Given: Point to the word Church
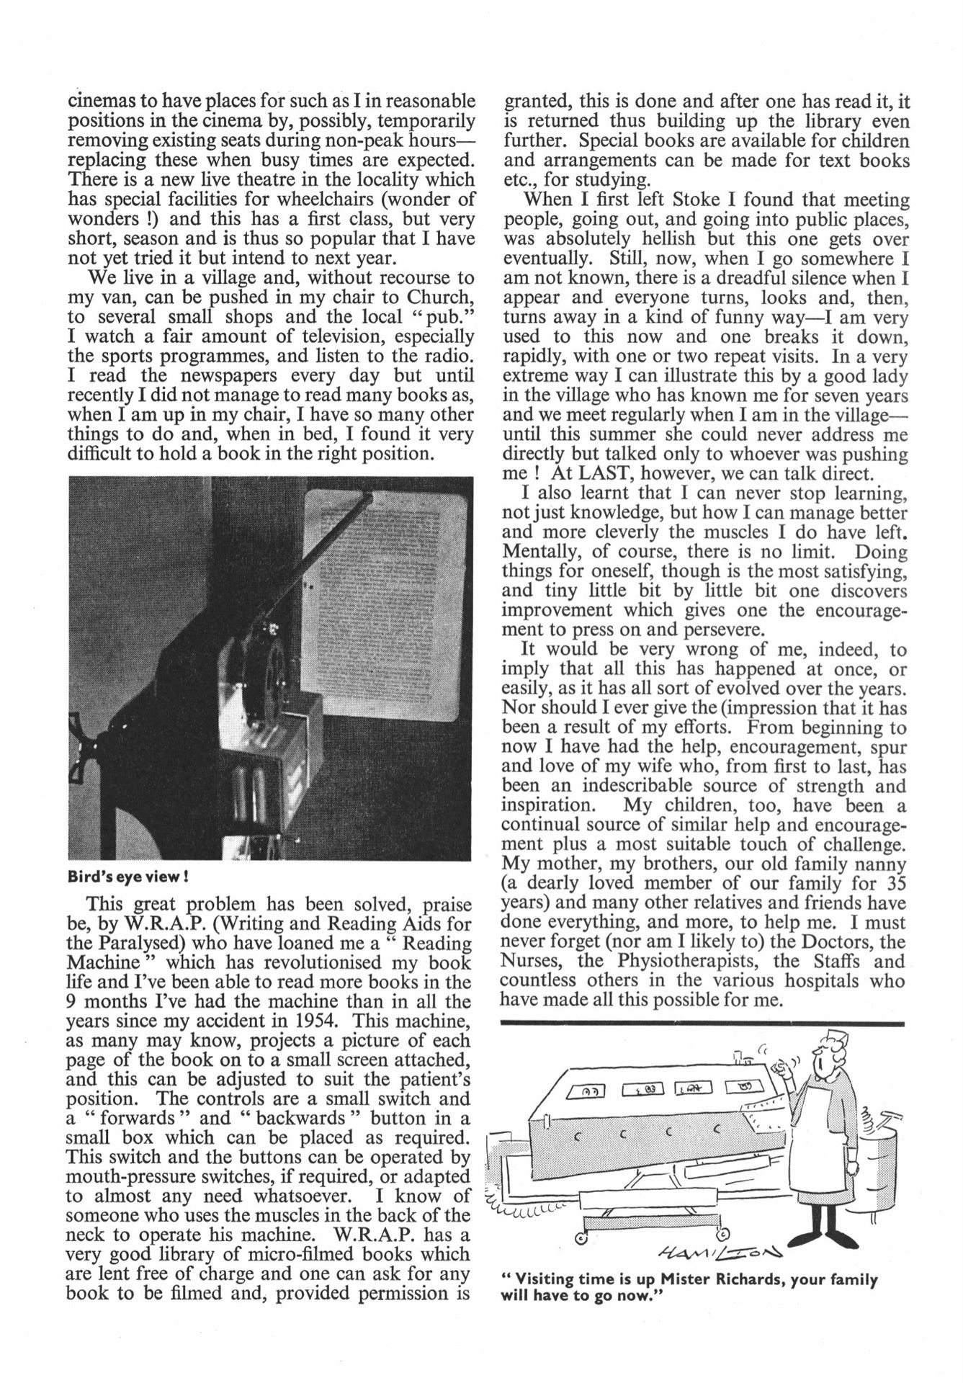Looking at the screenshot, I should click(x=441, y=297).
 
